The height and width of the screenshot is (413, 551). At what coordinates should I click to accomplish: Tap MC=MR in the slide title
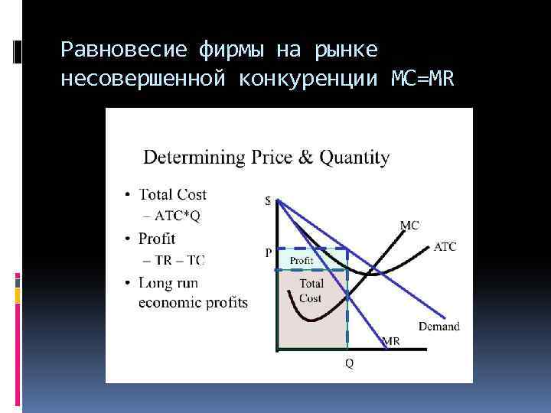click(422, 79)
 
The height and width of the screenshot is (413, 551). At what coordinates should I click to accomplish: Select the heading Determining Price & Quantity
click(266, 158)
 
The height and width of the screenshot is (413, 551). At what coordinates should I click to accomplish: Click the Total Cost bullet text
click(172, 195)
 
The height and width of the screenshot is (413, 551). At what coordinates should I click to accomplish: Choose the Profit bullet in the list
click(157, 239)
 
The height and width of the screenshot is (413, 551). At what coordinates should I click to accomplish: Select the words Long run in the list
click(168, 283)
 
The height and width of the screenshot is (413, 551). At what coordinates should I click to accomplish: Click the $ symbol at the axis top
click(267, 201)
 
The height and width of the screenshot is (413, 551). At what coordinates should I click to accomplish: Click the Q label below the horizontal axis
click(349, 364)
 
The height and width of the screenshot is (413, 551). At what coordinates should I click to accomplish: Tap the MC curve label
click(409, 225)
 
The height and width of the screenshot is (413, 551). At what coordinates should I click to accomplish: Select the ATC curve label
click(445, 247)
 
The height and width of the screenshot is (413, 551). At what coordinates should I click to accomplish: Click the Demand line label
click(439, 327)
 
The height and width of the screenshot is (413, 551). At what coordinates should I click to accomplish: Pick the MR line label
click(390, 341)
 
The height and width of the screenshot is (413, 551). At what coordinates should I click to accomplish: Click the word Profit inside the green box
click(301, 261)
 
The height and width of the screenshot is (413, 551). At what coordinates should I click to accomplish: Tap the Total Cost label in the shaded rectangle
click(311, 291)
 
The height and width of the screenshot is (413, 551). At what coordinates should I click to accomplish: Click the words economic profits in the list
click(193, 303)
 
